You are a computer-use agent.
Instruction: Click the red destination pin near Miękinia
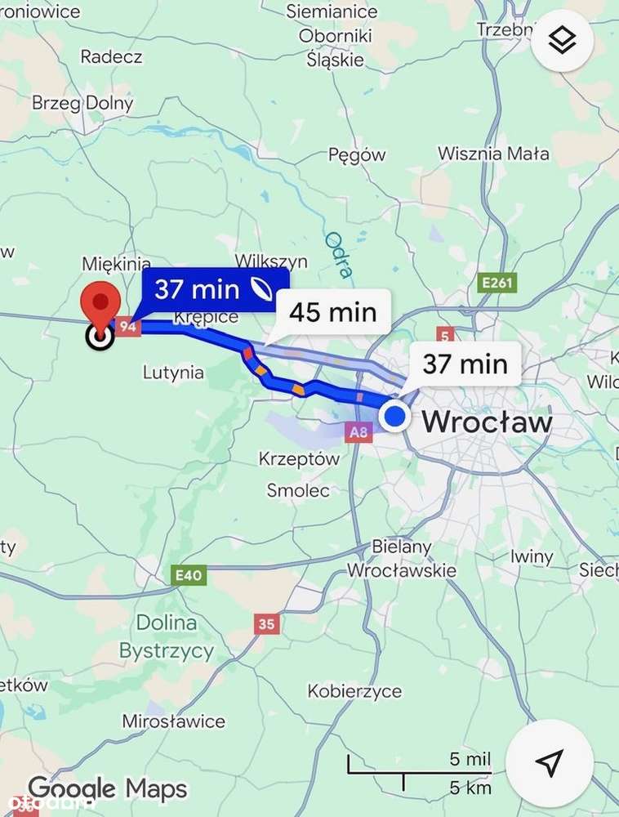point(100,303)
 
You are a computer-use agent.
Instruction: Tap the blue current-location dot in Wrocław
point(395,417)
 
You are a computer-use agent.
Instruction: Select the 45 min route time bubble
point(333,312)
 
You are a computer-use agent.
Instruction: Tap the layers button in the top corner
point(562,40)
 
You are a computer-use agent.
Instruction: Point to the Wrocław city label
point(487,422)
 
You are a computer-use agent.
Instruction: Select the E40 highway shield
point(189,575)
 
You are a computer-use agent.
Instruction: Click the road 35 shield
point(266,624)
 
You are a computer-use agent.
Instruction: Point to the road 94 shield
point(127,327)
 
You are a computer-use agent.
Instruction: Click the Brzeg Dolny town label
point(82,104)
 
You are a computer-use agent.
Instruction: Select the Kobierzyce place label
point(354,691)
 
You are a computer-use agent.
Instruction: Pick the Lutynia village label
point(173,373)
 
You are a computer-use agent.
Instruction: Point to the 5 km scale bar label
point(470,788)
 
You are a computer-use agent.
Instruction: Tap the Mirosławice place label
point(173,721)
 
